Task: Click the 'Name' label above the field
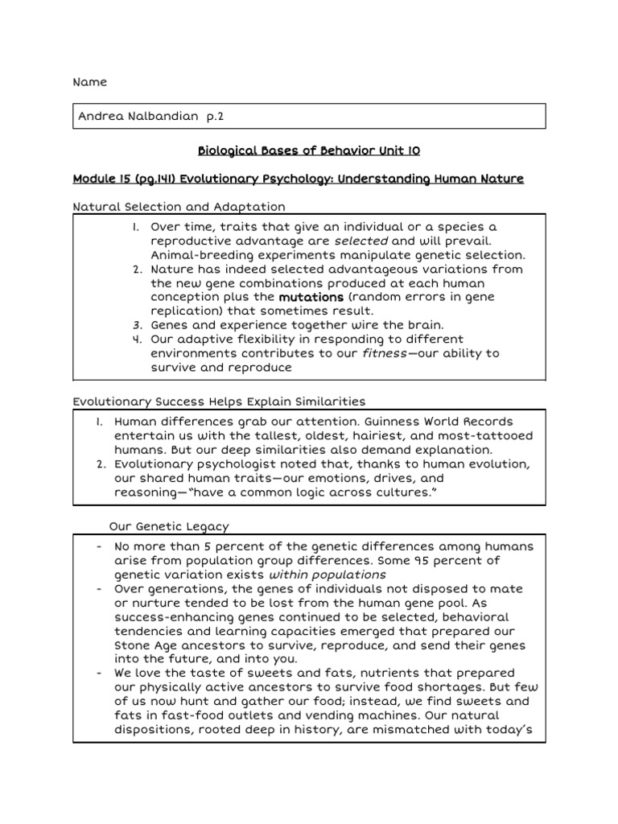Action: pyautogui.click(x=89, y=83)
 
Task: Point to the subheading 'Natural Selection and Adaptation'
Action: pyautogui.click(x=179, y=207)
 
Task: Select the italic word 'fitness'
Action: pyautogui.click(x=383, y=353)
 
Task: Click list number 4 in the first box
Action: pyautogui.click(x=138, y=340)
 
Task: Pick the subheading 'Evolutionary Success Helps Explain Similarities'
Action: pyautogui.click(x=219, y=401)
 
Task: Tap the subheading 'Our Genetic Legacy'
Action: pyautogui.click(x=169, y=526)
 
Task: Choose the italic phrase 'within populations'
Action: pyautogui.click(x=328, y=575)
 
